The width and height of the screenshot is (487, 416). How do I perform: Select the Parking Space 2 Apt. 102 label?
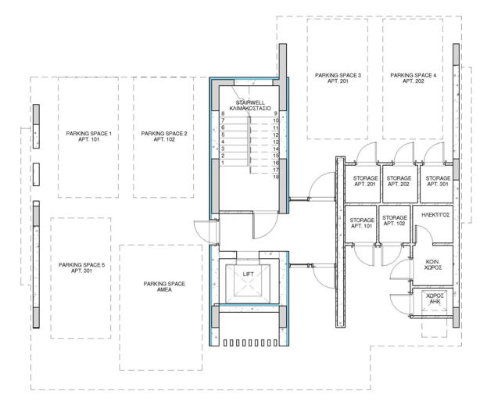point(163,138)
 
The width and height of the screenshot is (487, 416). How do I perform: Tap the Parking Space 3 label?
point(338,78)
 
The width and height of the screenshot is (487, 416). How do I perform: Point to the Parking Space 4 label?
point(413,78)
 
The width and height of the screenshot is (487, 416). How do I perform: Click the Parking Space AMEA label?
point(164,287)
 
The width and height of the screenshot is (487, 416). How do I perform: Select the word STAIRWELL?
point(249,102)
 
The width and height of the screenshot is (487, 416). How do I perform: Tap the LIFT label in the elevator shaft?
point(248,274)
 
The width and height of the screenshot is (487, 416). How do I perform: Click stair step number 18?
point(277,178)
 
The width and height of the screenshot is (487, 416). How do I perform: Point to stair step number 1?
point(223,163)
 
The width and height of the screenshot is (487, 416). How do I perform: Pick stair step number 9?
point(277,114)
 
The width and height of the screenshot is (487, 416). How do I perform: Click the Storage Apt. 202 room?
point(399,181)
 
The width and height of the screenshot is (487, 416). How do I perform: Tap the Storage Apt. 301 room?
point(437,181)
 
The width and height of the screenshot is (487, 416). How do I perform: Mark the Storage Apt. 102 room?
point(395,221)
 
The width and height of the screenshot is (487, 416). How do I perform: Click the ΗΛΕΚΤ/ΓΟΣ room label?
point(434,213)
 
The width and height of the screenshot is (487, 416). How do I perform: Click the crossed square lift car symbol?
point(248,287)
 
